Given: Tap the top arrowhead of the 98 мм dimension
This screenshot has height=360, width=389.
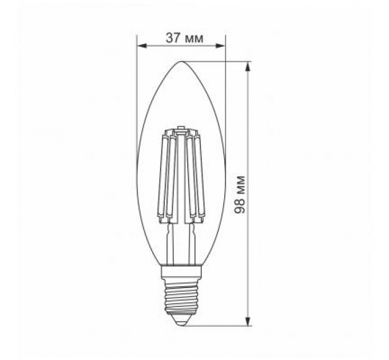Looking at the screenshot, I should pos(248,65).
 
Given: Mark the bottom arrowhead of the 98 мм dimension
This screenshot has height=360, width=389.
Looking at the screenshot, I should pos(248,321).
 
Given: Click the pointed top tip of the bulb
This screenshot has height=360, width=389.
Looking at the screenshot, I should pos(181,61).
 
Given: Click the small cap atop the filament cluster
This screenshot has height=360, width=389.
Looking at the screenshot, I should pos(181,128).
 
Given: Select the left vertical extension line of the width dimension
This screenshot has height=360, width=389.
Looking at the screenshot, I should pos(138,86).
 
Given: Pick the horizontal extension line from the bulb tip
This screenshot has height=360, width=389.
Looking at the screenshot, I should pos(217,61).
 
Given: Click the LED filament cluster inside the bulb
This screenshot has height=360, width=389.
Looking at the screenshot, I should pos(181,177).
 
